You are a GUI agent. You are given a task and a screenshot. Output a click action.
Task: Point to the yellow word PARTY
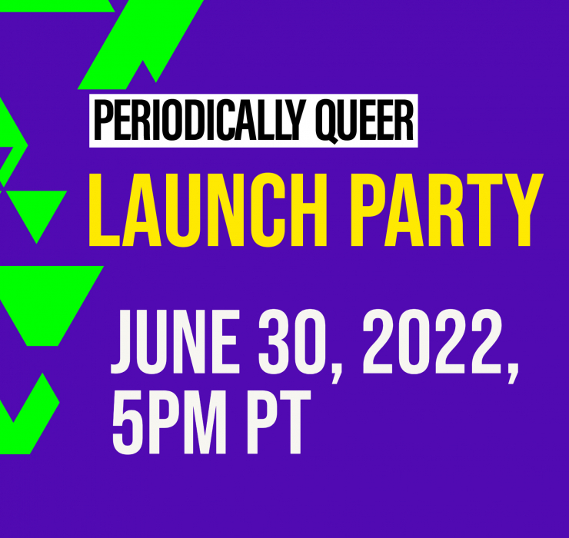click(x=447, y=210)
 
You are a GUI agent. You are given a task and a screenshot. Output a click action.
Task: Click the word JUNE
click(x=175, y=342)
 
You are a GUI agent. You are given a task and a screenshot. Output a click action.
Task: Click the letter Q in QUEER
click(x=328, y=122)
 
